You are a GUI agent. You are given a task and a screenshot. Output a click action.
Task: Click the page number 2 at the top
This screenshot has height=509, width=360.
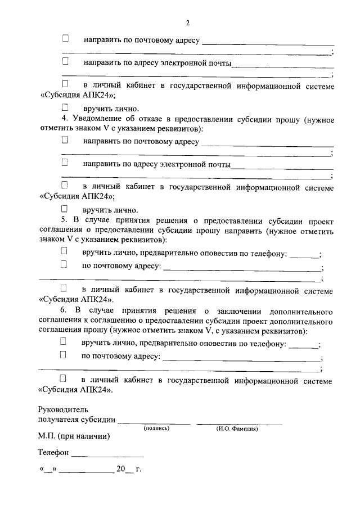tap(188, 23)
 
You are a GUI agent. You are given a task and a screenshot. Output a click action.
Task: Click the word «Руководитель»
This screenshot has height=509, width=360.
tap(63, 410)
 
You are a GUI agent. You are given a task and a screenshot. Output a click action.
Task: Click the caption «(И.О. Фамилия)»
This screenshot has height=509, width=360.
tap(237, 429)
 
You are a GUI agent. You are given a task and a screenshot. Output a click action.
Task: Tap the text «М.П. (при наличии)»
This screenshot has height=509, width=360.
tap(74, 436)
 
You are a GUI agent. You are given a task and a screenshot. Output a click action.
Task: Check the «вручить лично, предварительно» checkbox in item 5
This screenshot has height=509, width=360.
tap(64, 251)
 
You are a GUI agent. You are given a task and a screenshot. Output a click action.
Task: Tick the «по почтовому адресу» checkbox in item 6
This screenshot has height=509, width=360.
tap(64, 355)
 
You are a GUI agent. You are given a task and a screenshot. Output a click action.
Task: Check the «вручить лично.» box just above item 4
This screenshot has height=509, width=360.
tap(65, 107)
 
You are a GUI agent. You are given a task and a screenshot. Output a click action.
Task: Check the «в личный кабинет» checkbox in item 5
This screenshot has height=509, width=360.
tap(64, 289)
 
